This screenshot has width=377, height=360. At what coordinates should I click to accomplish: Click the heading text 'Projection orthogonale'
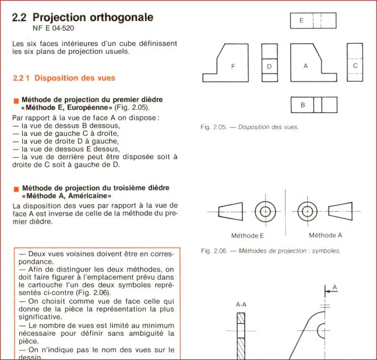coord(93,17)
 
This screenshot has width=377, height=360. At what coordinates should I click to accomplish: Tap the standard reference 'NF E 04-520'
coord(53,28)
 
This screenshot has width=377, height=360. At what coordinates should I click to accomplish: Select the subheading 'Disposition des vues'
coord(75,78)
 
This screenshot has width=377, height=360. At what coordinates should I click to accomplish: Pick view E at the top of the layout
coord(313,20)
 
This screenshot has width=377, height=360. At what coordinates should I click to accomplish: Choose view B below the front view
coord(314,105)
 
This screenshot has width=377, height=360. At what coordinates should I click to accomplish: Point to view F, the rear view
coord(225,63)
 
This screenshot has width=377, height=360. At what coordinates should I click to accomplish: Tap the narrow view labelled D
coord(270,63)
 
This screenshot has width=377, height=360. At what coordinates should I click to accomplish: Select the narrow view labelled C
coord(355,63)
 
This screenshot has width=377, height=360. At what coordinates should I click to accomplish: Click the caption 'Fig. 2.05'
coord(213,127)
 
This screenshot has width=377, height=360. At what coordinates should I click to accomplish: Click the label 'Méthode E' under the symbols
coord(248,235)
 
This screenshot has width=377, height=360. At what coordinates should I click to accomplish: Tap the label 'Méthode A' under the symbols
coord(325,235)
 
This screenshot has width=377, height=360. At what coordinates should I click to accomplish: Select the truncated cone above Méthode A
coord(341,211)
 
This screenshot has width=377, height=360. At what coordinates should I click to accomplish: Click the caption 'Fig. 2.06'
coord(214,251)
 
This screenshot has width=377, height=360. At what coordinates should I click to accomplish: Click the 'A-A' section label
coord(241,305)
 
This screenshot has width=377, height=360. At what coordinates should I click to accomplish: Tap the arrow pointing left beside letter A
coord(331,291)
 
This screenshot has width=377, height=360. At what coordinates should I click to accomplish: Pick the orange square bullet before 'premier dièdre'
coord(16,101)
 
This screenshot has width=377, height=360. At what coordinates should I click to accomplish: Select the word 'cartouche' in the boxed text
coord(45,285)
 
